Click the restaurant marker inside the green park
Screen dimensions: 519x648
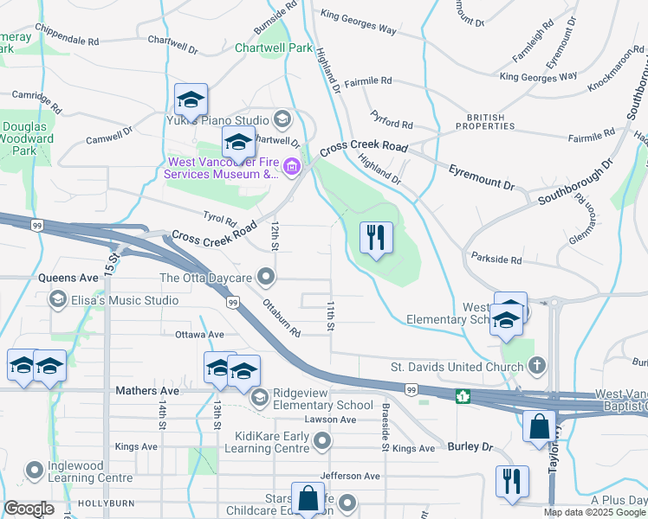pyautogui.click(x=376, y=238)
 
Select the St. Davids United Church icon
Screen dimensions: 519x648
pyautogui.click(x=537, y=365)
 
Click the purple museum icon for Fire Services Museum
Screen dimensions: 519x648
pyautogui.click(x=293, y=166)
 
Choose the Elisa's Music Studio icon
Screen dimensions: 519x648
pyautogui.click(x=58, y=300)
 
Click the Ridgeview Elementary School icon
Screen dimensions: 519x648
pyautogui.click(x=259, y=398)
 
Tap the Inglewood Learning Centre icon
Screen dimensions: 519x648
pyautogui.click(x=35, y=471)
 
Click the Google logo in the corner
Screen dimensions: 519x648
pyautogui.click(x=29, y=509)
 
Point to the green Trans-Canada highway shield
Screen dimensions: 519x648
pyautogui.click(x=463, y=396)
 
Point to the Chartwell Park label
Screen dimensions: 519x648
pyautogui.click(x=273, y=48)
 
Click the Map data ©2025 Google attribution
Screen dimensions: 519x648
pyautogui.click(x=593, y=512)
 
